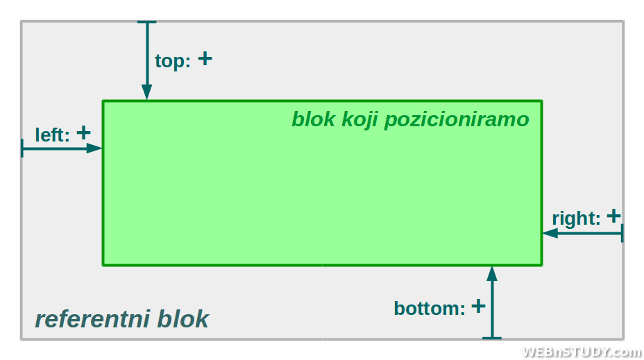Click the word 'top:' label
173,62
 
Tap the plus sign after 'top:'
205,59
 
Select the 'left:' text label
52,135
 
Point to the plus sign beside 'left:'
83,132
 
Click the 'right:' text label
576,218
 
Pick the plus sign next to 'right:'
613,216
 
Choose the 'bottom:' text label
430,308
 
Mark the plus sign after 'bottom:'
478,306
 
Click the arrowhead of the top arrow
147,92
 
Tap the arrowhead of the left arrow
94,148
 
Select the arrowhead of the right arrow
550,233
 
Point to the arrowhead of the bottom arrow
492,274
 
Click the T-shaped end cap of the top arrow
146,22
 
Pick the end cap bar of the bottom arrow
492,338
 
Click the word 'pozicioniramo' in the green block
457,120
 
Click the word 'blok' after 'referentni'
183,319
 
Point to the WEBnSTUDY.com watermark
582,352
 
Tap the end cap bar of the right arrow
622,233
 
